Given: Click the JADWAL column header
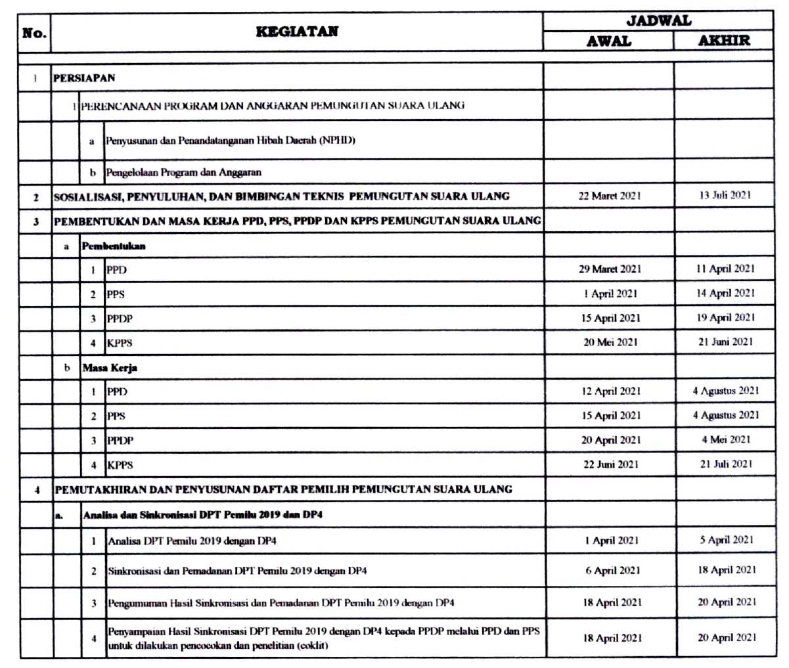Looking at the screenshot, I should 658,20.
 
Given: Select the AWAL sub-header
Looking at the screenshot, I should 608,41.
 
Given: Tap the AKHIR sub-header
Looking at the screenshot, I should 724,41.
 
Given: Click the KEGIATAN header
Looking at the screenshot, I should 297,31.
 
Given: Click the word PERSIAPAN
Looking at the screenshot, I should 85,78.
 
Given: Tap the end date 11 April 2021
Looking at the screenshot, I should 725,269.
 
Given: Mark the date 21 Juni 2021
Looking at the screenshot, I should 725,342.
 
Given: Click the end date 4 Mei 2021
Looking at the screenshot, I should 725,439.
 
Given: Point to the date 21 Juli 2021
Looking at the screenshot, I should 725,464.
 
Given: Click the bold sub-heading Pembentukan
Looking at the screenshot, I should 113,246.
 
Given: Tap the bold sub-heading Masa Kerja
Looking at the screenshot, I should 109,368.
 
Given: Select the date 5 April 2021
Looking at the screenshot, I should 725,540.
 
